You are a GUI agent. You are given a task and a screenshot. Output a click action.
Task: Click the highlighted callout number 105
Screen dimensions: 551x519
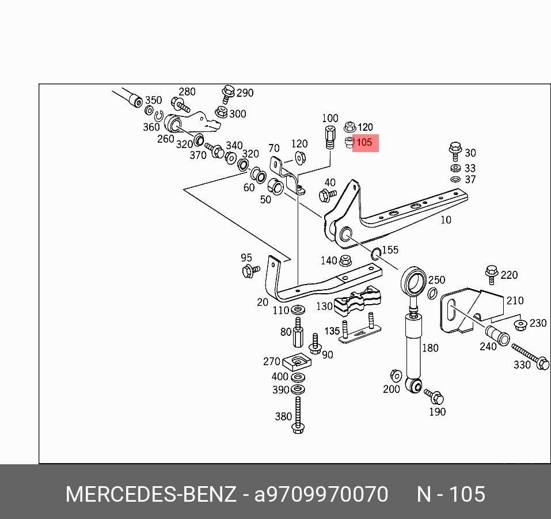click(x=365, y=142)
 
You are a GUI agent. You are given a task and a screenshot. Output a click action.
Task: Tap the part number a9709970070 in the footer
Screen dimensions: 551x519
click(x=321, y=494)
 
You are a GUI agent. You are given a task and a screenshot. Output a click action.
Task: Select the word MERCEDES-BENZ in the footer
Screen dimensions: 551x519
click(x=150, y=494)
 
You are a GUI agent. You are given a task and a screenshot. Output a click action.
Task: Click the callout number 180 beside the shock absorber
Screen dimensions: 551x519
click(x=430, y=347)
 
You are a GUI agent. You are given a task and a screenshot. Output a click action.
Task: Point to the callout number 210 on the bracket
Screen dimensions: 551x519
click(x=515, y=300)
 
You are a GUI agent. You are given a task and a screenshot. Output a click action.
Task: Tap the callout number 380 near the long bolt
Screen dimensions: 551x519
click(x=283, y=416)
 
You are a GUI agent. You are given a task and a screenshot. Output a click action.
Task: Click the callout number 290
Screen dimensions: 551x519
click(x=245, y=93)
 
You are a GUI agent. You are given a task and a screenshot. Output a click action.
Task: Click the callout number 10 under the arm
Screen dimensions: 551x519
click(x=446, y=219)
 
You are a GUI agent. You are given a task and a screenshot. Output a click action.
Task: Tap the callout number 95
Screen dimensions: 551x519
click(x=246, y=257)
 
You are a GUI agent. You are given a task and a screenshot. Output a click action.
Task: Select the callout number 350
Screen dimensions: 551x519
click(x=153, y=100)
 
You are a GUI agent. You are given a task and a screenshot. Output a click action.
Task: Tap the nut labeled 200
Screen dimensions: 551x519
click(x=396, y=375)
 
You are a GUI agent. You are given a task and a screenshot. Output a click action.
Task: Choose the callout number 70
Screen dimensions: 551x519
click(x=274, y=149)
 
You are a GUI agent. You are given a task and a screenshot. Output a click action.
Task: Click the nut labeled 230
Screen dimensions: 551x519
click(x=520, y=325)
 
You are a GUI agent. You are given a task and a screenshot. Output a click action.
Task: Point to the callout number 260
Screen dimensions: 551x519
click(x=166, y=139)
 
